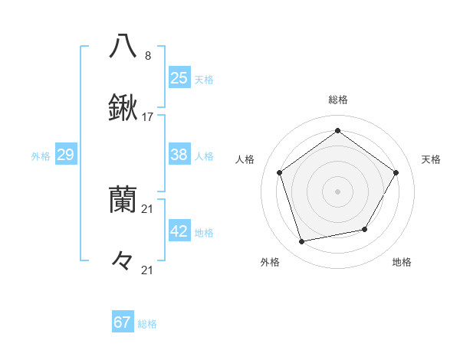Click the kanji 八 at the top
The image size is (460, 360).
click(x=123, y=46)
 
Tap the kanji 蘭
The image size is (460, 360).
click(x=123, y=200)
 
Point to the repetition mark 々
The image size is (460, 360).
click(x=123, y=261)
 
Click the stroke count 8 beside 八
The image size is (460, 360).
click(x=148, y=55)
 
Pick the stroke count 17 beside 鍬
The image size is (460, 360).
click(x=148, y=117)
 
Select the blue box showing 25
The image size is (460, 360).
click(x=179, y=77)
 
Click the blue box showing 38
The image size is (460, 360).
click(x=179, y=155)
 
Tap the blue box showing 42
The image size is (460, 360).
click(x=179, y=231)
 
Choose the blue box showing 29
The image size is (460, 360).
click(x=65, y=155)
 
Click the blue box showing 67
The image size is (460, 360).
click(x=123, y=322)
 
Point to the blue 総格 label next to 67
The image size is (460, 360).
click(x=147, y=324)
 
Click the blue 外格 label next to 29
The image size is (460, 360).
click(x=41, y=156)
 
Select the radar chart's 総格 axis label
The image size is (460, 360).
click(x=337, y=100)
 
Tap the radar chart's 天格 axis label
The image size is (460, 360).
click(x=431, y=159)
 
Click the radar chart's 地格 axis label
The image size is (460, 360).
click(x=402, y=262)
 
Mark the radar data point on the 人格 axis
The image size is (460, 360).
click(x=279, y=172)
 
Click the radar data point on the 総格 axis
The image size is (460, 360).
click(x=337, y=131)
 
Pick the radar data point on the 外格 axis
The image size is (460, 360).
click(x=302, y=242)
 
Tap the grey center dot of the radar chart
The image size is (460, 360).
click(x=337, y=191)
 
